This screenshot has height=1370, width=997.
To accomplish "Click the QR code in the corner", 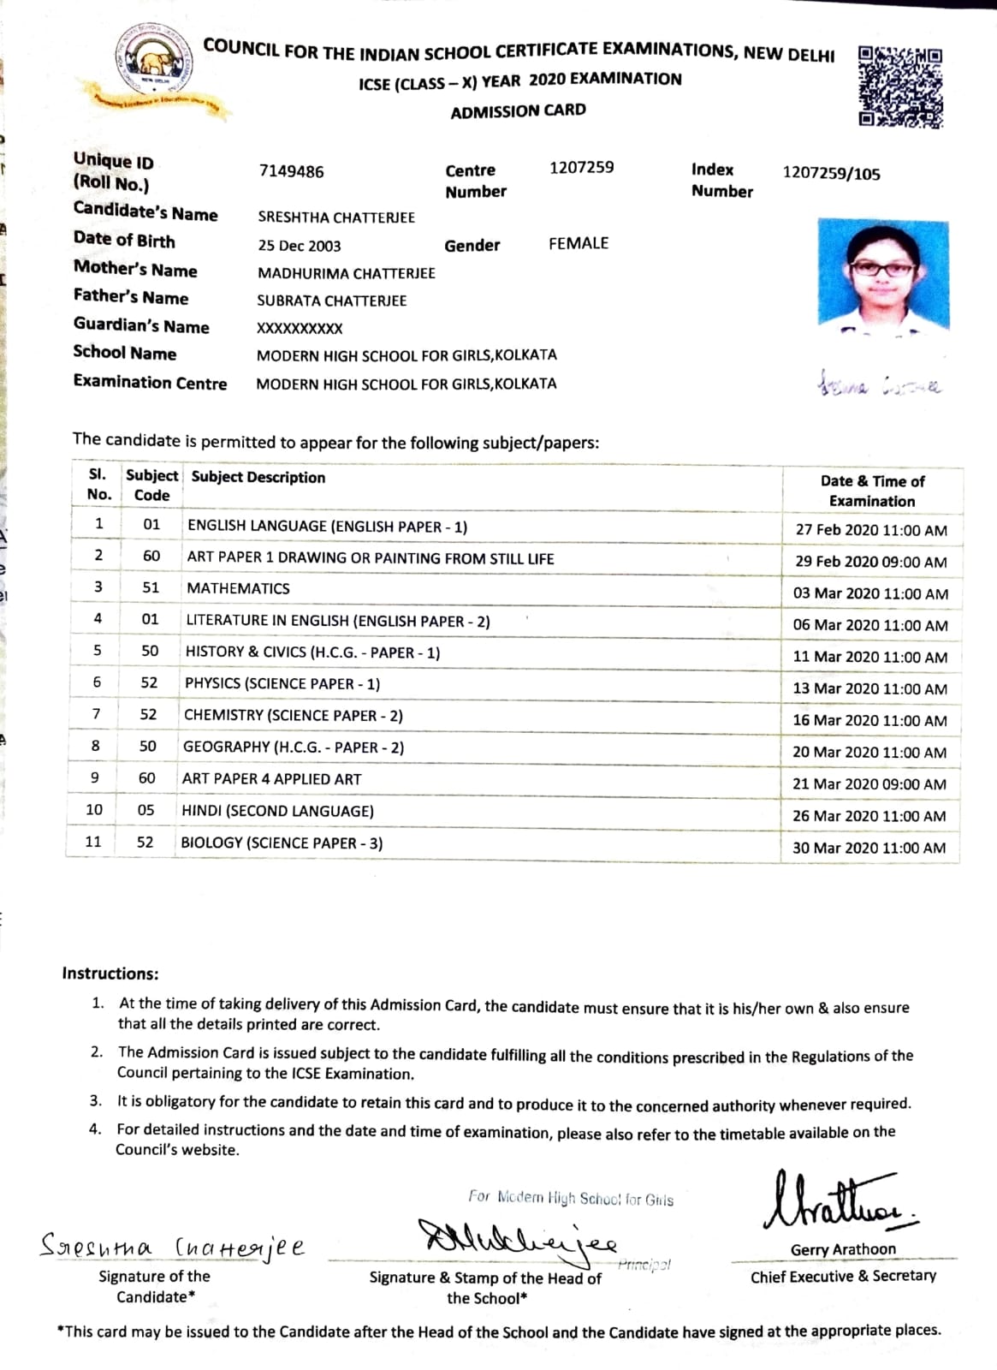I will (899, 86).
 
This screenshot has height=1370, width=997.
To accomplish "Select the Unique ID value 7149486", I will (291, 172).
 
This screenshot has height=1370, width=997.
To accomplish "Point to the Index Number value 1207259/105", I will (831, 174).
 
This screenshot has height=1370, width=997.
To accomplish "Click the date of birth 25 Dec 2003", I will (300, 246).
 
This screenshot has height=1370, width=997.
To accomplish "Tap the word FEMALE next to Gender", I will (579, 244).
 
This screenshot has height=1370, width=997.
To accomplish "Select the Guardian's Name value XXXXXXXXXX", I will (300, 329).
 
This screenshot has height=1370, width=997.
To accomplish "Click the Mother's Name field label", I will (135, 270).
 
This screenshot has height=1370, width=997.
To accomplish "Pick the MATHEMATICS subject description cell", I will (238, 589).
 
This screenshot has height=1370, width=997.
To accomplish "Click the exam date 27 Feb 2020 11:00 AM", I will (871, 530).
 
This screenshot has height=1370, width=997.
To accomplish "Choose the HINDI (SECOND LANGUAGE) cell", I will (277, 811).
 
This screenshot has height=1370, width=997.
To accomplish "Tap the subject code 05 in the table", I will (146, 810).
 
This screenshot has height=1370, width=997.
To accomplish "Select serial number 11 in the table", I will (93, 842).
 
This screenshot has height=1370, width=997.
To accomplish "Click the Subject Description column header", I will (258, 478).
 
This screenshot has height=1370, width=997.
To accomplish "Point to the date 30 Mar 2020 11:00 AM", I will (869, 849).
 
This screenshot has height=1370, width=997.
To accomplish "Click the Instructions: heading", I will (110, 974).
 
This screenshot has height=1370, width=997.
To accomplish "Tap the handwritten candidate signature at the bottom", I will (172, 1246).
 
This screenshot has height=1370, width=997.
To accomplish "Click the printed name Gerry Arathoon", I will (843, 1250).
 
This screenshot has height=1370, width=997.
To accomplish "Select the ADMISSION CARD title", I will (518, 111).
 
